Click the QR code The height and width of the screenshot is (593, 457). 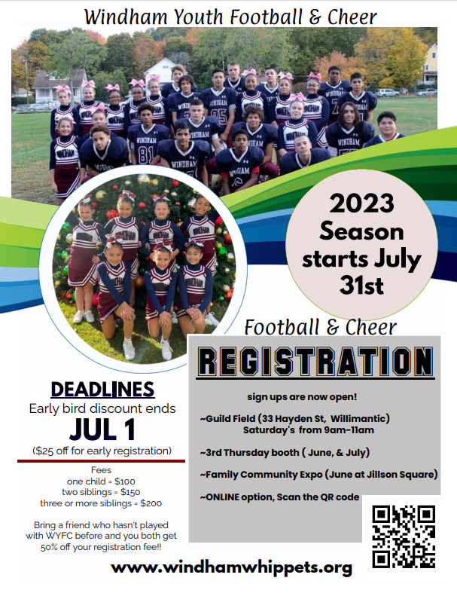(404, 536)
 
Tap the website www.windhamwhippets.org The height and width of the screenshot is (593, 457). (231, 567)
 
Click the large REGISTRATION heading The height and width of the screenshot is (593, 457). (315, 362)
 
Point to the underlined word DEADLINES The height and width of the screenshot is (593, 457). (102, 390)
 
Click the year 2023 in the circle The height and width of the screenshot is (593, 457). (361, 205)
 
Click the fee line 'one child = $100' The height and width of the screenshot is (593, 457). (101, 481)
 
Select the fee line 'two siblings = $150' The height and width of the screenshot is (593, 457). (101, 492)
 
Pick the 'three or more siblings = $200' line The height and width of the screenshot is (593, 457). (101, 503)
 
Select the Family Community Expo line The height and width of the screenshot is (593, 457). (318, 474)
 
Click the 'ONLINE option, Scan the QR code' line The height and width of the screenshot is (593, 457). (279, 497)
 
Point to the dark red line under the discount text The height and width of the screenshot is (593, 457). (101, 460)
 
